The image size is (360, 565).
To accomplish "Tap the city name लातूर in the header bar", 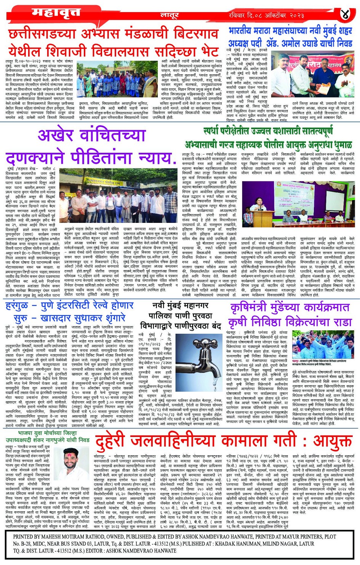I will (x=170, y=15).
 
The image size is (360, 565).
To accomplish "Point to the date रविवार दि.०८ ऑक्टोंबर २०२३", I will (x=266, y=15).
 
